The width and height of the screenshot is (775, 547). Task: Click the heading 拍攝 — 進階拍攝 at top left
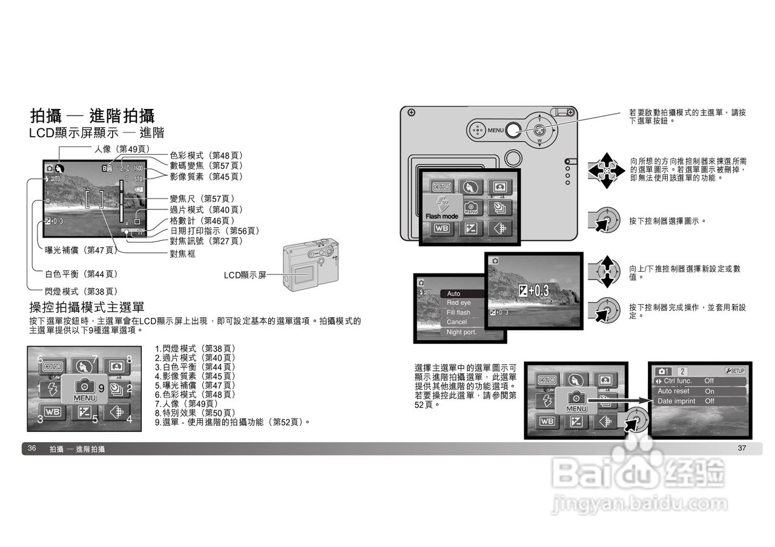92,116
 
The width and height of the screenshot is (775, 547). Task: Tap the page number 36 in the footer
33,448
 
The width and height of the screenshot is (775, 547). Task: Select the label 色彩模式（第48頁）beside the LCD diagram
206,156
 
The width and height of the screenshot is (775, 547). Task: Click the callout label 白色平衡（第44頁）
81,274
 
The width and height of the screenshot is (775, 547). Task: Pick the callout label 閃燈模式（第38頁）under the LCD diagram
81,292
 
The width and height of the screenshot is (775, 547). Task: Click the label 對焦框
182,254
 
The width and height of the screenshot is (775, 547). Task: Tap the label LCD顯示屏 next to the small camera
245,275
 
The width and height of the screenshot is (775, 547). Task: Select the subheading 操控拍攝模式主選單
87,307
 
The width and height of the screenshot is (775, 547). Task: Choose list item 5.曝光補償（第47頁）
195,385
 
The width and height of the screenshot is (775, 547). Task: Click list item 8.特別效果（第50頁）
195,413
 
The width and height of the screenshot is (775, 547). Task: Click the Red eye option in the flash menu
458,303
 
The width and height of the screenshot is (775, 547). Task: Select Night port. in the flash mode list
461,332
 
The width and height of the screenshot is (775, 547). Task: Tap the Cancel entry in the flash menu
457,323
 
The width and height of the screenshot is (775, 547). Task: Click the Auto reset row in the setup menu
673,391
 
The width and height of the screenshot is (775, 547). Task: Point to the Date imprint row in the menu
676,401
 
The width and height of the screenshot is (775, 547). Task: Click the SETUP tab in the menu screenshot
734,371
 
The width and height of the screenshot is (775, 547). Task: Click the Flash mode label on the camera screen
442,216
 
